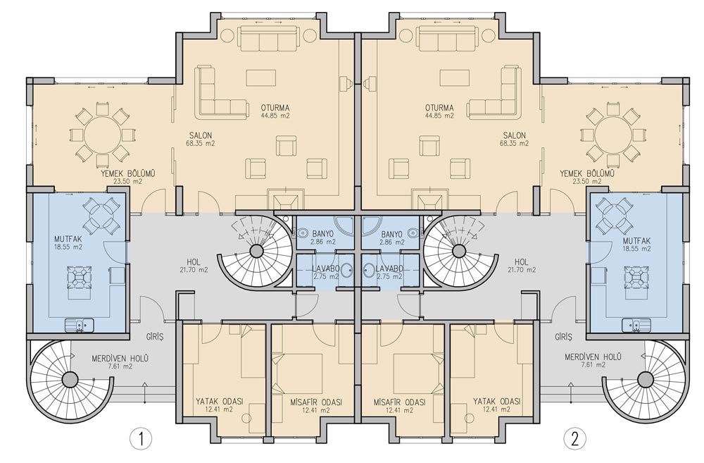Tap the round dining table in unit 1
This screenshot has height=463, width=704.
102,134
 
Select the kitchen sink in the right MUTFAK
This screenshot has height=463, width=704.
636,325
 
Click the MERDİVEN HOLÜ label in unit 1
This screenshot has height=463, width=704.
120,359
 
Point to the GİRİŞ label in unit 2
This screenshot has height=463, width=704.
563,337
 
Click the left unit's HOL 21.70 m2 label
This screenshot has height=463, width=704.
194,266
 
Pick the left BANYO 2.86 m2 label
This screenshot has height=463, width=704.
323,237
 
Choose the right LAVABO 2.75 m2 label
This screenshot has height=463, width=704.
389,273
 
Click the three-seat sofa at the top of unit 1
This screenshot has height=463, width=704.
268,38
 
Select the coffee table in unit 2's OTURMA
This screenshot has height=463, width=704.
455,78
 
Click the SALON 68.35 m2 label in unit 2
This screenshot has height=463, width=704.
515,139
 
